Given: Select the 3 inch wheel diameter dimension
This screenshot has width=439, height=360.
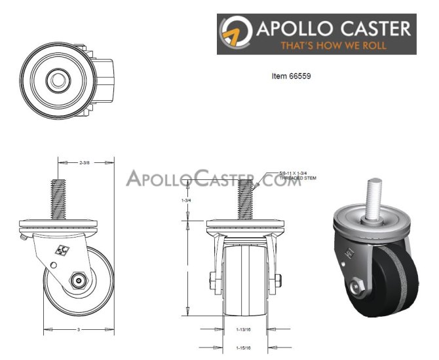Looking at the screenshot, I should pyautogui.click(x=78, y=330).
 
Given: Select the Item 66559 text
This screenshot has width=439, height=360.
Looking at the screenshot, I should pyautogui.click(x=291, y=76).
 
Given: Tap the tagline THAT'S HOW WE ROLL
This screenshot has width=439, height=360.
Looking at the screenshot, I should pyautogui.click(x=333, y=46).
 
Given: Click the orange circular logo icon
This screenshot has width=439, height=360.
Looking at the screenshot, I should pyautogui.click(x=237, y=33).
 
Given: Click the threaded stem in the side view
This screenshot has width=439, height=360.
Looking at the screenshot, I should pyautogui.click(x=59, y=196).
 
